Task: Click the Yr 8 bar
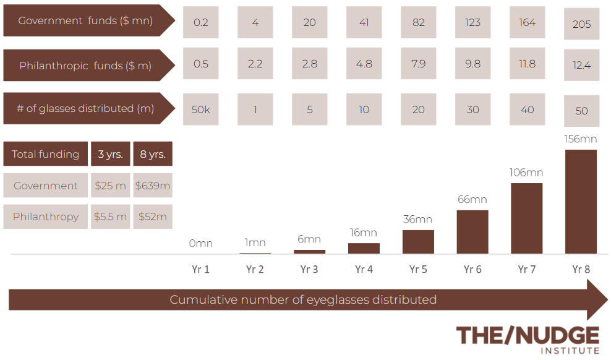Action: pyautogui.click(x=581, y=201)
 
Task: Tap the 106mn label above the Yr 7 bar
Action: pyautogui.click(x=526, y=173)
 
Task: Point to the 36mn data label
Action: pyautogui.click(x=417, y=220)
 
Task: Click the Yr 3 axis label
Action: pyautogui.click(x=309, y=269)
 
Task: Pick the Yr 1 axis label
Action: pyautogui.click(x=200, y=269)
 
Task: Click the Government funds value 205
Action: pyautogui.click(x=581, y=24)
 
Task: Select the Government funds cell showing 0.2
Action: pyautogui.click(x=201, y=22)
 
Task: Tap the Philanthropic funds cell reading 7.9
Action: pyautogui.click(x=418, y=64)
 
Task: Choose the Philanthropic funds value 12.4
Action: pyautogui.click(x=581, y=65)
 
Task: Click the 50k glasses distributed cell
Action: pyautogui.click(x=201, y=109)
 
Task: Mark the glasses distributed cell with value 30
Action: pyautogui.click(x=472, y=109)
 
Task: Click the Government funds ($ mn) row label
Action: pyautogui.click(x=85, y=21)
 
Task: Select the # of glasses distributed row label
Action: pyautogui.click(x=85, y=108)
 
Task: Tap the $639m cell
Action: pyautogui.click(x=153, y=186)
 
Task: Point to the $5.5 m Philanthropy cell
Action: pyautogui.click(x=111, y=216)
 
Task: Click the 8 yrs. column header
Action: pyautogui.click(x=153, y=154)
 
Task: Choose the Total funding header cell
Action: pyautogui.click(x=45, y=154)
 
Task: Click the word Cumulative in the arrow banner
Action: pyautogui.click(x=202, y=300)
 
